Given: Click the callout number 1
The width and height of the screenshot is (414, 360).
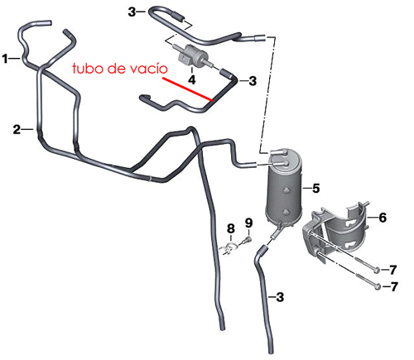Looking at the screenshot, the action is point(5,59).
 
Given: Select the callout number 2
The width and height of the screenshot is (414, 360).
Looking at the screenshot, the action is point(17,129).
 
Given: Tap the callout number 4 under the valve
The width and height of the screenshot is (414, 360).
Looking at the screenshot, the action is point(192,79).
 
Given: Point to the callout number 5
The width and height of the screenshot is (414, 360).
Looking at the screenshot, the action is point(316,189).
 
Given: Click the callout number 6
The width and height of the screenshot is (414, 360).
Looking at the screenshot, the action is point(383,218).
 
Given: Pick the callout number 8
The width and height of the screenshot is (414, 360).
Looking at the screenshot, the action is point(231,228).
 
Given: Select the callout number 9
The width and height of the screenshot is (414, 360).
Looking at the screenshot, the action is point(248,223).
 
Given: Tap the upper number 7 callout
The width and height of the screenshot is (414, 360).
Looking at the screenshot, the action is point(393,270).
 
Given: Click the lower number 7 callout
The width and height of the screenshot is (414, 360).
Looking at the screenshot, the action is point(395,286).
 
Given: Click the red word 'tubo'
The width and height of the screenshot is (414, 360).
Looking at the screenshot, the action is point(87,68).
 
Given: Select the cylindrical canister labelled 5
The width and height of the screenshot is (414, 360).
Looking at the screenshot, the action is point(284,186).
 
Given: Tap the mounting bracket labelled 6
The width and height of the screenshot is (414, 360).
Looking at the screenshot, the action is point(335,232).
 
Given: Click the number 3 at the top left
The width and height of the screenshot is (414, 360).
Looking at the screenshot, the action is point(132,12).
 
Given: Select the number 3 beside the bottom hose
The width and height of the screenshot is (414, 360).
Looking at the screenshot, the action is point(280,297).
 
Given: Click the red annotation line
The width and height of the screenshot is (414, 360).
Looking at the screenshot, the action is point(188,89).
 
